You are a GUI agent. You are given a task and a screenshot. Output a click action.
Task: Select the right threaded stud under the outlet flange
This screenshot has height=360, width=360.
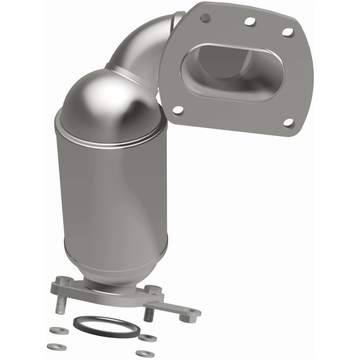[x=148, y=314]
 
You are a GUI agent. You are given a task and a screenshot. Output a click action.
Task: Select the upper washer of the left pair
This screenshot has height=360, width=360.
[x=59, y=331]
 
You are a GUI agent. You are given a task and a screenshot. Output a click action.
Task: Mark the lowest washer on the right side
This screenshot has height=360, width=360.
[x=145, y=353]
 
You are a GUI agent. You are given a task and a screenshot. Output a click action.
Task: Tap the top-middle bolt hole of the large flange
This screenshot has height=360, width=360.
[x=249, y=21]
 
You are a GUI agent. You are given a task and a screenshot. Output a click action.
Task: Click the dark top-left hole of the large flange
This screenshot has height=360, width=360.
[x=206, y=18]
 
